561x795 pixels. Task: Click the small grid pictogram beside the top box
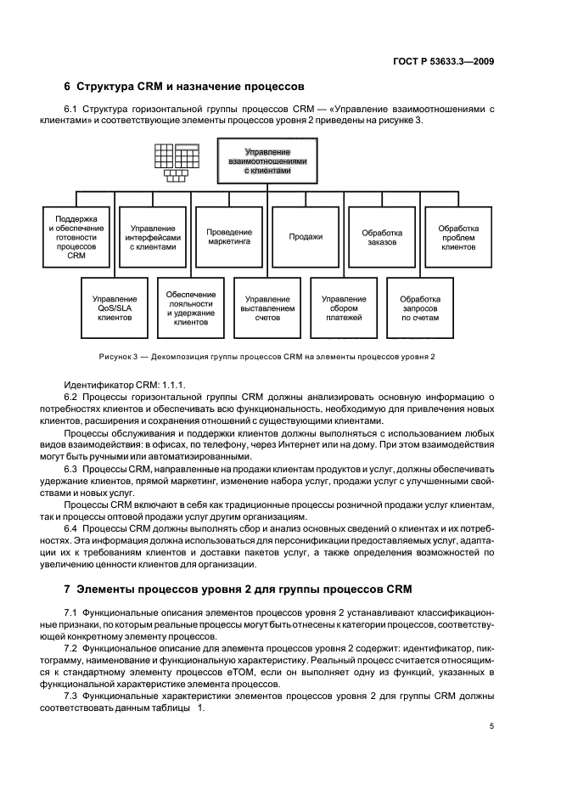pyautogui.click(x=176, y=162)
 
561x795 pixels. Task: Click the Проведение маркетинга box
pyautogui.click(x=230, y=236)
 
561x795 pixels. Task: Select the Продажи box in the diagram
pyautogui.click(x=306, y=236)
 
